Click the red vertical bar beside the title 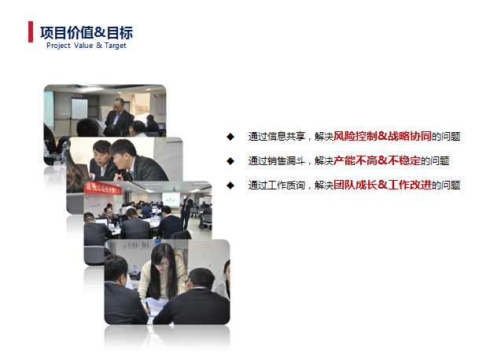tap(31, 31)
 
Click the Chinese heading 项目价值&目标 tap(87, 33)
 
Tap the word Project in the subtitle tap(58, 46)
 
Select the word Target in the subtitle tap(116, 46)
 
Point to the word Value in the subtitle tap(83, 46)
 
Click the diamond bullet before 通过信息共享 tap(230, 137)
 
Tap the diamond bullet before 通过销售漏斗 tap(230, 161)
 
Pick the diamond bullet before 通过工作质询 tap(230, 186)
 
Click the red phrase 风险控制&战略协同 tap(382, 136)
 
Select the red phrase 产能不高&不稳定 tap(377, 160)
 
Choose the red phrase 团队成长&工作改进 tap(382, 185)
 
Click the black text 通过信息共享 tap(277, 137)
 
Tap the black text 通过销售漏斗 tap(277, 161)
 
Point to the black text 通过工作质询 tap(277, 186)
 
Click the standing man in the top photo tap(120, 116)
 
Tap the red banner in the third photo tap(103, 188)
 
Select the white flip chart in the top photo tap(79, 108)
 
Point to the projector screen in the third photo tap(171, 200)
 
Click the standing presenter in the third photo tap(186, 211)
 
